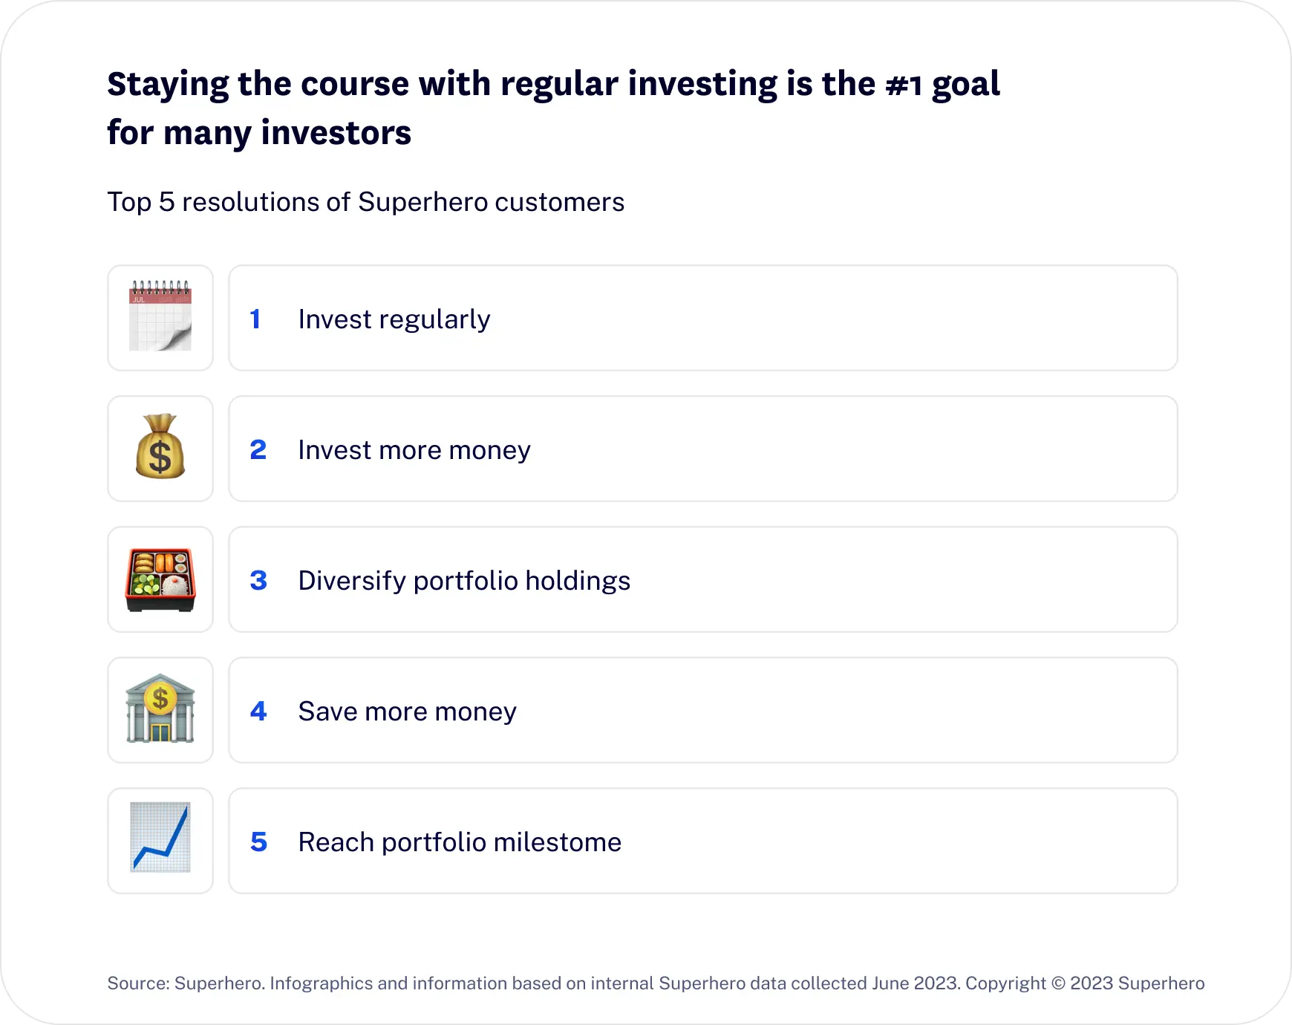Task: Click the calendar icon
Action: point(160,316)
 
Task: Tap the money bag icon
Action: point(160,446)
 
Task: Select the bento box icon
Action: point(160,580)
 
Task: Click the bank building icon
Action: point(160,709)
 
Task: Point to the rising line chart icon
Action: point(160,837)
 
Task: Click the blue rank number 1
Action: point(255,319)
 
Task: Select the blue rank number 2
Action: point(258,450)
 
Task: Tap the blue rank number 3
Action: point(258,581)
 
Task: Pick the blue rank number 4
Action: point(258,712)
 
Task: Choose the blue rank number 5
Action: point(258,842)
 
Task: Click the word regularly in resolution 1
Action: point(435,321)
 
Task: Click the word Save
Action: point(328,712)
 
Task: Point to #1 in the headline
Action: point(904,85)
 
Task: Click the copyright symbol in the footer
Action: point(1058,983)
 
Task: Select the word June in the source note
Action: point(890,983)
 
